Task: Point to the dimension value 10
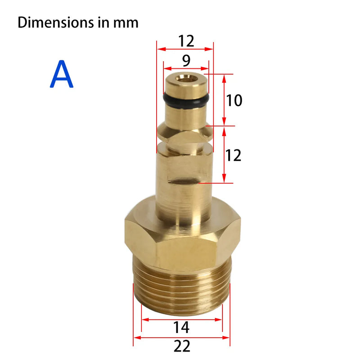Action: coord(234,100)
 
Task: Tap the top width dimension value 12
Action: coord(184,41)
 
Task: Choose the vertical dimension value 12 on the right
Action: coord(233,155)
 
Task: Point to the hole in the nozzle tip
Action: coord(186,77)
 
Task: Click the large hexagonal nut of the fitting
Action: coord(182,241)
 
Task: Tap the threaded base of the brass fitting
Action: coord(182,288)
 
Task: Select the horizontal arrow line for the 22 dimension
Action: coord(182,337)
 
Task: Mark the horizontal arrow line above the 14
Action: coord(182,319)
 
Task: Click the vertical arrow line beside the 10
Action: coord(224,100)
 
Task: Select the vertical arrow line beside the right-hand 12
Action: coord(224,155)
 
